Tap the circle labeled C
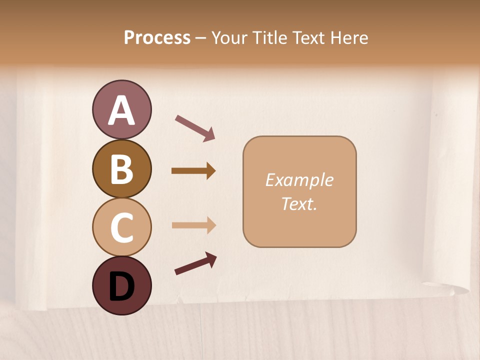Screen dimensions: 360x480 [121, 227]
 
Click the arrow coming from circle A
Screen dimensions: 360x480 [195, 127]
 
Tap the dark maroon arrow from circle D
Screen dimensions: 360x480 [195, 263]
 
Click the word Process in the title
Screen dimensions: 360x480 [157, 37]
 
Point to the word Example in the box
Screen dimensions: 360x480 [299, 180]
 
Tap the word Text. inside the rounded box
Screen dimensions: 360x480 [299, 203]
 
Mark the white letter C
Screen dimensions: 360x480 [121, 227]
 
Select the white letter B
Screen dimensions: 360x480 [121, 169]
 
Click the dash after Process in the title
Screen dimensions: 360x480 [201, 38]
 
